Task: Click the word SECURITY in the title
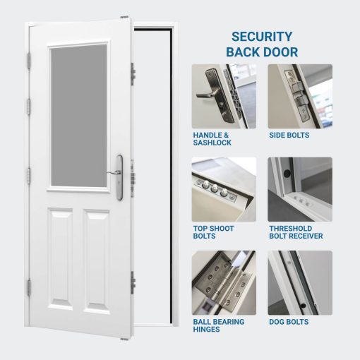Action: (262, 37)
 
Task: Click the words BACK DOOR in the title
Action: (262, 52)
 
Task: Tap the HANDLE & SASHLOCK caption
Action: (211, 138)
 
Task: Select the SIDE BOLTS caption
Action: (289, 135)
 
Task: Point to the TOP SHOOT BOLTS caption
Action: (213, 232)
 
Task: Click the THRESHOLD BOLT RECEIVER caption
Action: (296, 232)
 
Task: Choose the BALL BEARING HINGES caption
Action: (218, 326)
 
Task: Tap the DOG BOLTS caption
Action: (289, 322)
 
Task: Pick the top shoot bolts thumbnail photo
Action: (224, 189)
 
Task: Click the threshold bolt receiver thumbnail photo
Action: (299, 189)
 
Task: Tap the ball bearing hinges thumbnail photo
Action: (224, 282)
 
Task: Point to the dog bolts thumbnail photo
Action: (299, 282)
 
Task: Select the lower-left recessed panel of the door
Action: (61, 258)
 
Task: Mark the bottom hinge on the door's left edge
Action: (28, 287)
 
